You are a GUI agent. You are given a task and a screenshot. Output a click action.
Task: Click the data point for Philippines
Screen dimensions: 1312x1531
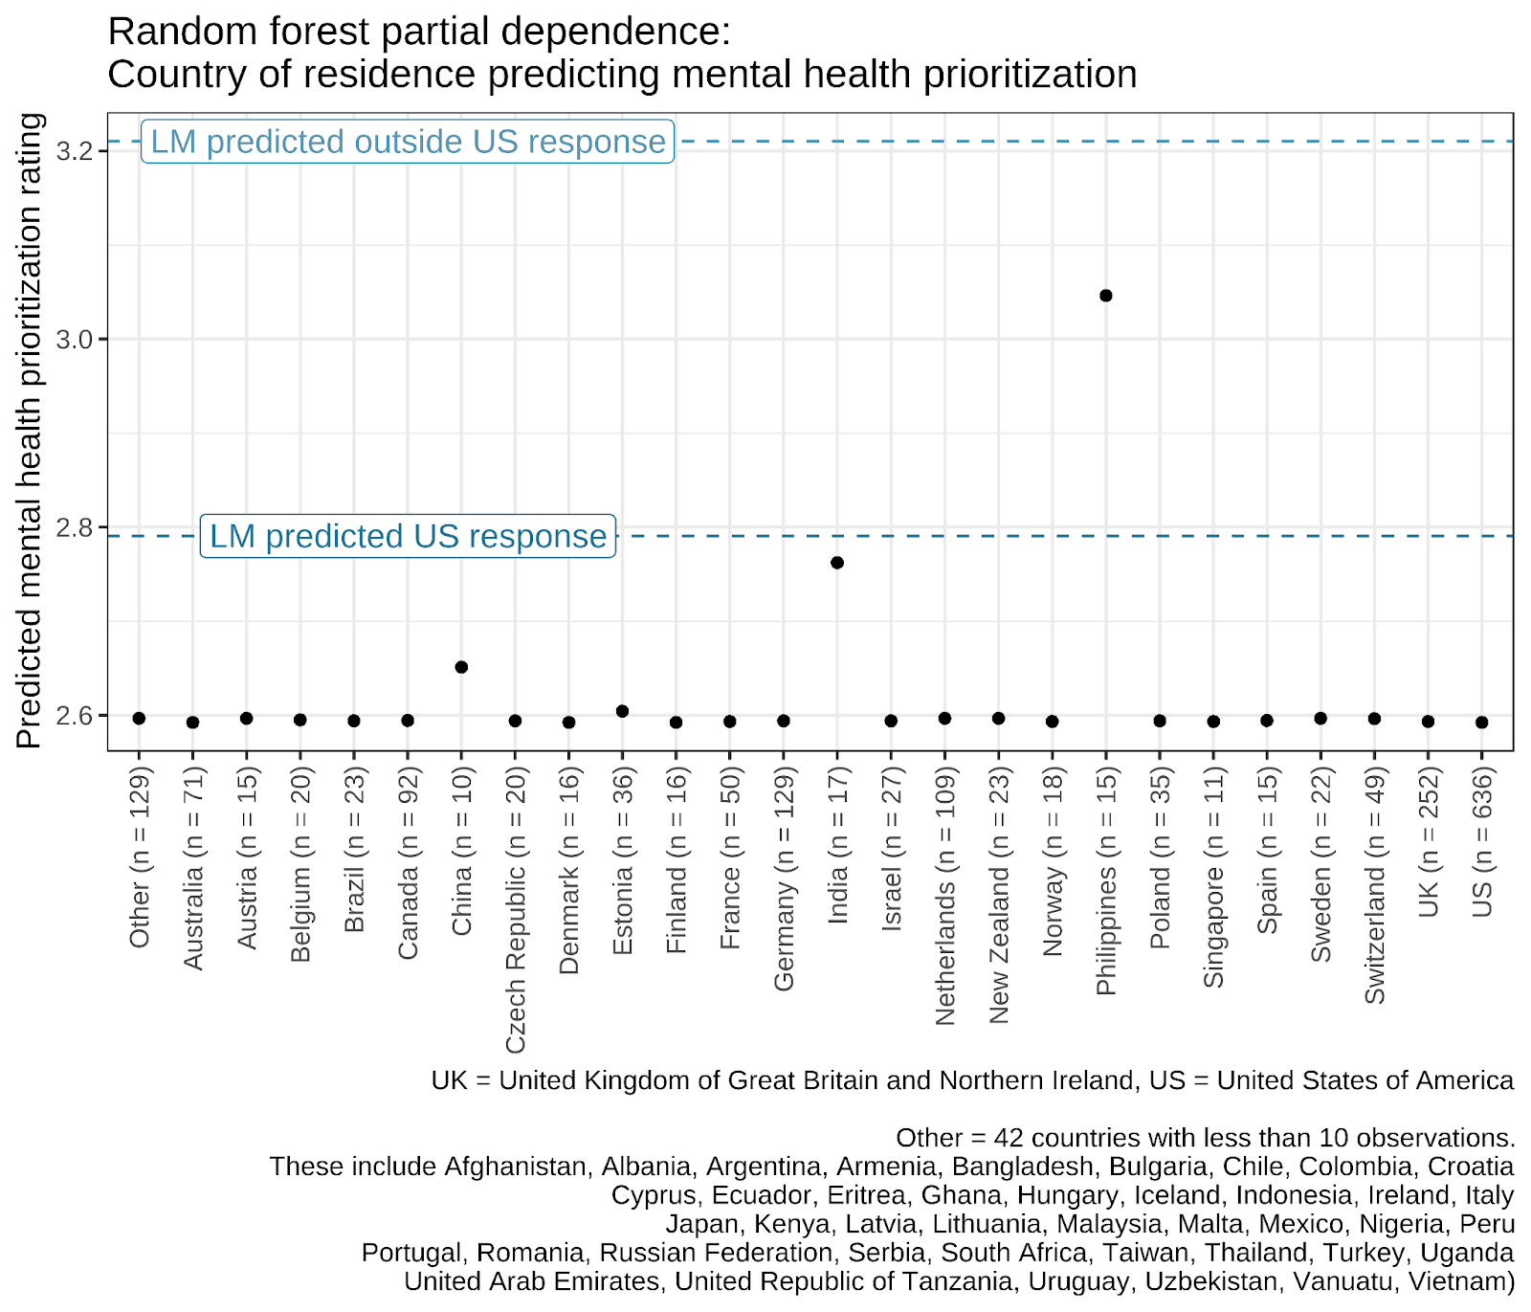1105,296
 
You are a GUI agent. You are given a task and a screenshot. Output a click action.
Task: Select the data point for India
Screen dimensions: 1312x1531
837,563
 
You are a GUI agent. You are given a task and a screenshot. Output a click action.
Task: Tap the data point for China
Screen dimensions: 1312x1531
461,667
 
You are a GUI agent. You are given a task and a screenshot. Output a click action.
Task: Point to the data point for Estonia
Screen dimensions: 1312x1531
622,711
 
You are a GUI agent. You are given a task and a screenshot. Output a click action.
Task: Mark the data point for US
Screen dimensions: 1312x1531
1481,723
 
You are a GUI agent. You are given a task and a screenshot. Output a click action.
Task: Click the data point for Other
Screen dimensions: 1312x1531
139,719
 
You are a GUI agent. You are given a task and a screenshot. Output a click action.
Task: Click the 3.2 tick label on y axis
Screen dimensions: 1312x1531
75,151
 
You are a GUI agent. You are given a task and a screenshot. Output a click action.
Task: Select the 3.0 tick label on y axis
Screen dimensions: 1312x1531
75,340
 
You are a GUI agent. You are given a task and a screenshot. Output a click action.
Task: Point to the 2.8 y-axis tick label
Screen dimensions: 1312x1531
75,528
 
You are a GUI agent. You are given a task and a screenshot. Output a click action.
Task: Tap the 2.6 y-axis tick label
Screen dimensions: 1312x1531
75,717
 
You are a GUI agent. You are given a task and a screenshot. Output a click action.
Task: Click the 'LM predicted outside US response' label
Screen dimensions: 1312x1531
408,142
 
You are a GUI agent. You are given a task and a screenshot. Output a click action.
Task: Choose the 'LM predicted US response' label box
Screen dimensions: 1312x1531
408,537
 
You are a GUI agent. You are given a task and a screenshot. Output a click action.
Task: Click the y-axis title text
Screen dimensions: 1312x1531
30,431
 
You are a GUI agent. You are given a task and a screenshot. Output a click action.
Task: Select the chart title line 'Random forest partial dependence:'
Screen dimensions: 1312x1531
419,32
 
